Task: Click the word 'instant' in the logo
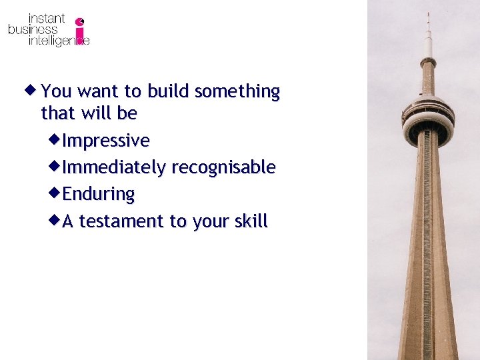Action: click(x=46, y=19)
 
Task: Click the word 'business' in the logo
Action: click(x=33, y=30)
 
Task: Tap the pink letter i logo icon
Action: click(x=81, y=31)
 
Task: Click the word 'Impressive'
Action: click(x=106, y=141)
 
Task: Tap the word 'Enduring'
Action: click(x=99, y=194)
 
